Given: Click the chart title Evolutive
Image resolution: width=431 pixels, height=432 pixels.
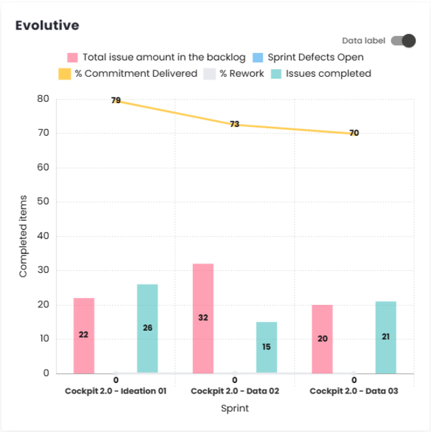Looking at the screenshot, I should [x=47, y=26].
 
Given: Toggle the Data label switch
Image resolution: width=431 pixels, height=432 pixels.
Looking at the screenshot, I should [x=403, y=41].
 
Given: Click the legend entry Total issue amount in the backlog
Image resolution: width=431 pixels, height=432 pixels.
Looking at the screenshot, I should [x=156, y=57].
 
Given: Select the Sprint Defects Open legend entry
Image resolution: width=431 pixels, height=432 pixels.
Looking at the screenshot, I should [x=307, y=57].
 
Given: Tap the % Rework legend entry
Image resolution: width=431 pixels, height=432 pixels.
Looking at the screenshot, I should [x=234, y=74].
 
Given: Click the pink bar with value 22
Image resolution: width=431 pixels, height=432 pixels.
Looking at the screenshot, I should [x=84, y=335].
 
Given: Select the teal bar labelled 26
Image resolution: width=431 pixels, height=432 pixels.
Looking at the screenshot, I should [x=148, y=328].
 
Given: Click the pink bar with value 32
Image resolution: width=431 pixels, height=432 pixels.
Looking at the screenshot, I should [x=203, y=318].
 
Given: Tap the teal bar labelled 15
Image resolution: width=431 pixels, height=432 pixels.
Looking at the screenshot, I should [x=266, y=347].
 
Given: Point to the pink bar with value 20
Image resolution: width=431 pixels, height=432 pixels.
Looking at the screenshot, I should [x=322, y=338].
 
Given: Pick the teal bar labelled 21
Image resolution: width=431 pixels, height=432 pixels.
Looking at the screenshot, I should [x=386, y=337].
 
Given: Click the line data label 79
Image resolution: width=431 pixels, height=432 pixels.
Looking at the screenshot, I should [x=116, y=101].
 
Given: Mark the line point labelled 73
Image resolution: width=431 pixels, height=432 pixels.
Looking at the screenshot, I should [x=234, y=125].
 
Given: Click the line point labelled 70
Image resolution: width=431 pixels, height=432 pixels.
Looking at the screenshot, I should [x=354, y=133].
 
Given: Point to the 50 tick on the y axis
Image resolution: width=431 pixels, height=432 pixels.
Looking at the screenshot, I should [x=43, y=202].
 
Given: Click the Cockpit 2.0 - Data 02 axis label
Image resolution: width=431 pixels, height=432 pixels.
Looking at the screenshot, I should [x=234, y=390].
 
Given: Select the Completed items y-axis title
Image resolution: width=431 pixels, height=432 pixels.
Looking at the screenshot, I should [x=23, y=236].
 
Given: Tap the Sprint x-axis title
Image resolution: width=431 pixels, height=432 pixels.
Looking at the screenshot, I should [x=234, y=408].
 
